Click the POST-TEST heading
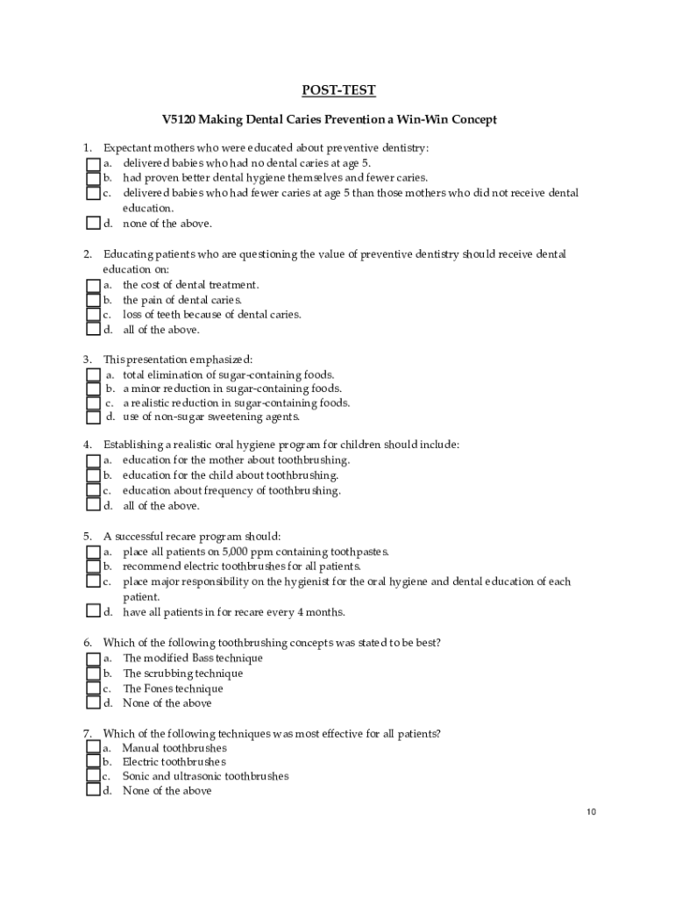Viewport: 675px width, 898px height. click(338, 90)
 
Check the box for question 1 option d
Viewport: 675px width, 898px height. click(93, 223)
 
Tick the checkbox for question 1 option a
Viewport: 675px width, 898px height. click(93, 163)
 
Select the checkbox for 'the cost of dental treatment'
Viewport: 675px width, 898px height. click(93, 285)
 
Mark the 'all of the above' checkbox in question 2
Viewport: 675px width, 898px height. click(93, 330)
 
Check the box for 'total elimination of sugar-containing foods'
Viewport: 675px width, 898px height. click(93, 374)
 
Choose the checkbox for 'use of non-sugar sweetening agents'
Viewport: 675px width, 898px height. click(93, 417)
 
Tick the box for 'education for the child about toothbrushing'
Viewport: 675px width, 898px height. click(93, 475)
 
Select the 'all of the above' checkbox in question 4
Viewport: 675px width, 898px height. click(93, 505)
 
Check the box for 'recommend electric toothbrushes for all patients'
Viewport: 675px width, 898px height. click(93, 567)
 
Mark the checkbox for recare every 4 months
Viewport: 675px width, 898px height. click(93, 611)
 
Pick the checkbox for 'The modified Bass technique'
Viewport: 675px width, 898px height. click(93, 658)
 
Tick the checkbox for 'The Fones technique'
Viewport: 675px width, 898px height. click(93, 688)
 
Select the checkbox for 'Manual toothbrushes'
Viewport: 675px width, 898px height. click(93, 748)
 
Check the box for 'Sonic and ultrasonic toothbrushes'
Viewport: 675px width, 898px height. click(93, 776)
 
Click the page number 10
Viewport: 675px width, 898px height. click(592, 812)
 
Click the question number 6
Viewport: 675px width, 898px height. click(88, 643)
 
